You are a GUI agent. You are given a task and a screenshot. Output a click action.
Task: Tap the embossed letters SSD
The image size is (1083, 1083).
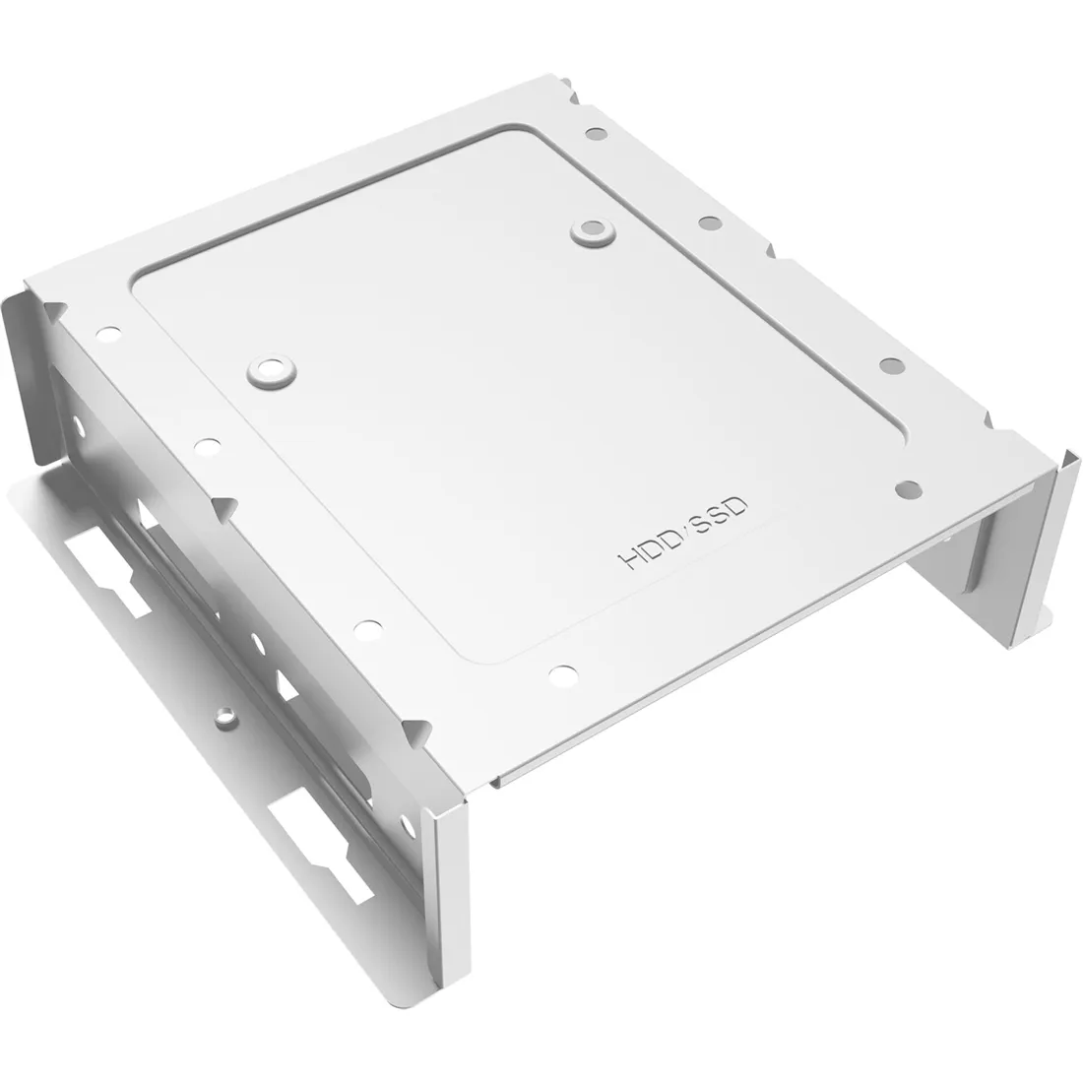[x=719, y=513]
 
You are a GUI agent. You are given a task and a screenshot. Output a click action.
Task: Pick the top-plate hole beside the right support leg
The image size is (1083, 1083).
[x=909, y=489]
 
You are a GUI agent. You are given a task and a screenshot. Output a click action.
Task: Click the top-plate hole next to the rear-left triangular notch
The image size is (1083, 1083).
[x=107, y=335]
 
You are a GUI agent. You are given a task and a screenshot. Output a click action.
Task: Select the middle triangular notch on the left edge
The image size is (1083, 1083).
[x=224, y=509]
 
